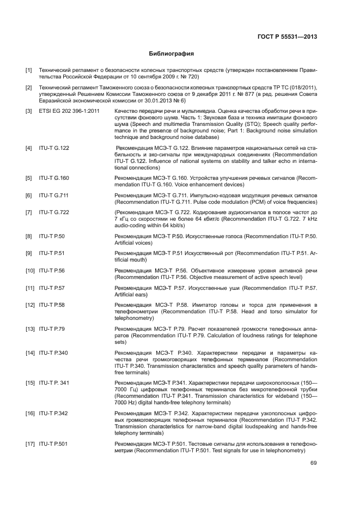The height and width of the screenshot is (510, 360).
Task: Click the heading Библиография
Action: point(172,54)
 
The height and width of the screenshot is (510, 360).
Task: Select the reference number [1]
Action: point(29,70)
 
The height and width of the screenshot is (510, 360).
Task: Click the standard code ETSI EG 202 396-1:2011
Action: point(69,111)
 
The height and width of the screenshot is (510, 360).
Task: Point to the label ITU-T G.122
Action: point(54,148)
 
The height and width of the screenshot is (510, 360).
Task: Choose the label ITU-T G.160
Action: point(54,178)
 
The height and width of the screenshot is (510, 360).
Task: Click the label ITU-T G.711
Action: point(53,195)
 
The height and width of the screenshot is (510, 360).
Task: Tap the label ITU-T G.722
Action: point(54,212)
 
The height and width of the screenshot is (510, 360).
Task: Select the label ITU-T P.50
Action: point(52,236)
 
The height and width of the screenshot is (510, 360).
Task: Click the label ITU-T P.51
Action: point(52,253)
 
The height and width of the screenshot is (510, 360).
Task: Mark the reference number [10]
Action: point(30,270)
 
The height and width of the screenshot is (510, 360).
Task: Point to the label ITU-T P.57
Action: point(52,287)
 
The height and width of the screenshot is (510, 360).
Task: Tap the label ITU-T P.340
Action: point(53,353)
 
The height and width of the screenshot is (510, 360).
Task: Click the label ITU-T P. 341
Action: point(54,384)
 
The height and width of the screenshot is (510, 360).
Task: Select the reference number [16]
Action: point(30,414)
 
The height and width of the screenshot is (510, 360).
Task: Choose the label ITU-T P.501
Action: point(53,445)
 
